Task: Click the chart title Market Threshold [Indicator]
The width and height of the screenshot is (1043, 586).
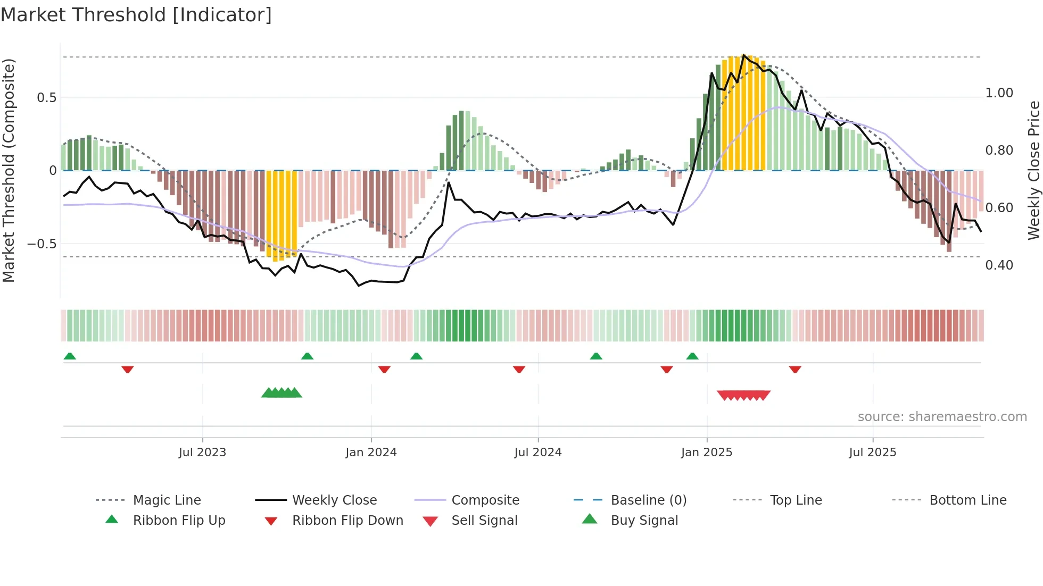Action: pyautogui.click(x=136, y=15)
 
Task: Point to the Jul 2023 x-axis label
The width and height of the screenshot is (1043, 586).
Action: pyautogui.click(x=202, y=453)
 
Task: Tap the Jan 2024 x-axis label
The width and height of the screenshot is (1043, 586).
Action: pyautogui.click(x=371, y=453)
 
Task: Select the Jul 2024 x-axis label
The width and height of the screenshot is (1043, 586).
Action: pyautogui.click(x=538, y=453)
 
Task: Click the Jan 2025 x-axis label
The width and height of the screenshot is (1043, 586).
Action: pyautogui.click(x=707, y=453)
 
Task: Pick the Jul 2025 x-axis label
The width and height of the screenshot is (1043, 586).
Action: pyautogui.click(x=873, y=453)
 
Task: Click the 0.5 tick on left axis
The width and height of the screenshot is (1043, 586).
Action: pyautogui.click(x=46, y=98)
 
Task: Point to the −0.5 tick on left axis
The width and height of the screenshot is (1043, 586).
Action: pyautogui.click(x=42, y=244)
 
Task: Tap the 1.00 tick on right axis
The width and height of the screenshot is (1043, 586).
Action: pyautogui.click(x=999, y=93)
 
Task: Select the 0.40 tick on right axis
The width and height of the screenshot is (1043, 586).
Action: pyautogui.click(x=999, y=265)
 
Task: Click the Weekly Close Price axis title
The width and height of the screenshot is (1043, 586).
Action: pyautogui.click(x=1033, y=170)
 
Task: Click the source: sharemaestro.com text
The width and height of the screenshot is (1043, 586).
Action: pyautogui.click(x=942, y=417)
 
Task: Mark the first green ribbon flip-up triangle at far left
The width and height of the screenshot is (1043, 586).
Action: pyautogui.click(x=70, y=356)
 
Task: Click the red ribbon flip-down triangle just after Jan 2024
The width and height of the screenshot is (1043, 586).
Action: pyautogui.click(x=384, y=369)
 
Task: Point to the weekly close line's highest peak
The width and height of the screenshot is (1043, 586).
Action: pyautogui.click(x=743, y=55)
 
